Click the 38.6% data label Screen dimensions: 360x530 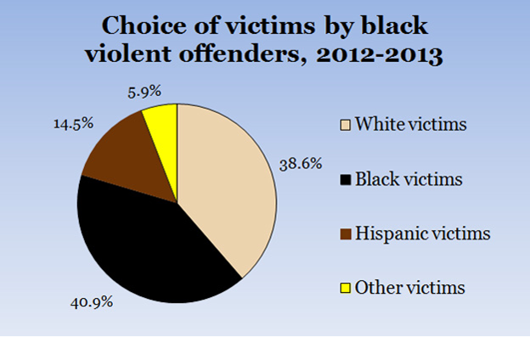[300, 164]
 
